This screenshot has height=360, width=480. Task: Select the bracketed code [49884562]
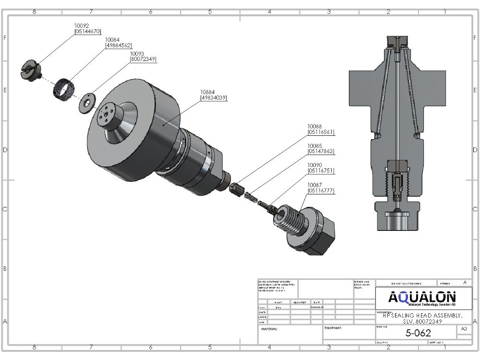[118, 45]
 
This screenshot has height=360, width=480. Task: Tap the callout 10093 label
[137, 53]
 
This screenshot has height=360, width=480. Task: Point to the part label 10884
[207, 92]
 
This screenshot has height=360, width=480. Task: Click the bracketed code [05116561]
[321, 132]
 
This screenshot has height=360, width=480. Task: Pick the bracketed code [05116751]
[321, 171]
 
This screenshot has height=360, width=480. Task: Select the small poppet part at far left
[30, 70]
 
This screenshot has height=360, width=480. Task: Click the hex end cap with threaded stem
[307, 228]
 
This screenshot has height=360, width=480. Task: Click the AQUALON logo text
[422, 298]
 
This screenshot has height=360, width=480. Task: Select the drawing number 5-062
[418, 333]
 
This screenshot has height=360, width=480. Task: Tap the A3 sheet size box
[464, 329]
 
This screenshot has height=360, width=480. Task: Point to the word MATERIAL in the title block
[269, 329]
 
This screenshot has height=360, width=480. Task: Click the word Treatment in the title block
[333, 328]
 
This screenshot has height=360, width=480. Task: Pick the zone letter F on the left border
[5, 37]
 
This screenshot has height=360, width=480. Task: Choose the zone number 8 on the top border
[34, 12]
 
